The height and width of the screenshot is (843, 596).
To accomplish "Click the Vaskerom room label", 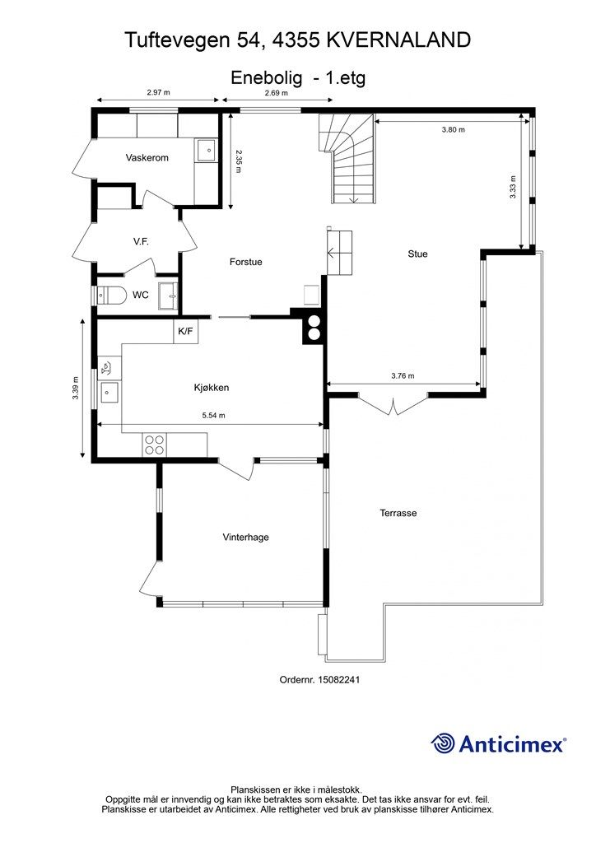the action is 147,157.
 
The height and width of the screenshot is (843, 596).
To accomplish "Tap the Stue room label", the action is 417,254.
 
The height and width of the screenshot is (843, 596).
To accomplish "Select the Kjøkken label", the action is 212,388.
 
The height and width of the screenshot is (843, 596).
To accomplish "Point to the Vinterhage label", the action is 245,537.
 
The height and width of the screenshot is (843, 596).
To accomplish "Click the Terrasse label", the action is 398,513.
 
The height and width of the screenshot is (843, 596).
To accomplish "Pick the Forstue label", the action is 245,262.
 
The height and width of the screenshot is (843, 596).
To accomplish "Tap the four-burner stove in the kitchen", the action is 154,445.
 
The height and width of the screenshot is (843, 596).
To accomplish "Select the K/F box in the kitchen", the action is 185,331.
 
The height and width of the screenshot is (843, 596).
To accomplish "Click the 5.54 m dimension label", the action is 213,415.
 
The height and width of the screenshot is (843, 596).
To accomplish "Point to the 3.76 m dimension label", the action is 403,375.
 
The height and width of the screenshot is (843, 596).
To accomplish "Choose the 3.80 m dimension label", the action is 453,129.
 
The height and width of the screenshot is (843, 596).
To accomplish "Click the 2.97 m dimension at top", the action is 159,92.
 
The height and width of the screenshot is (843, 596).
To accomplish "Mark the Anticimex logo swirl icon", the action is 443,743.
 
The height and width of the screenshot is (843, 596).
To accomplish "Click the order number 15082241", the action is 338,679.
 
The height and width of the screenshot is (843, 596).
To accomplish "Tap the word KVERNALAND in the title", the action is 398,40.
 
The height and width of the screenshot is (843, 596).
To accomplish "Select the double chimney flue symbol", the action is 314,328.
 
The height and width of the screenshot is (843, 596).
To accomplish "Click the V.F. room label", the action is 141,242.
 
